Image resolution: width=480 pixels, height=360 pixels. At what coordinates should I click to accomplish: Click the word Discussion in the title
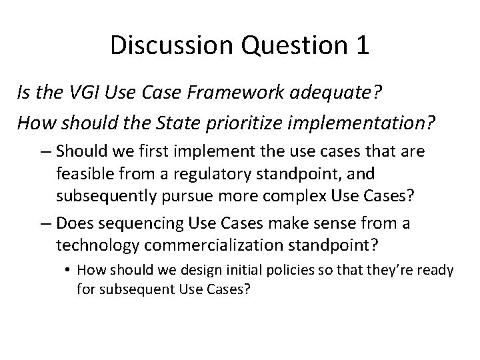[171, 45]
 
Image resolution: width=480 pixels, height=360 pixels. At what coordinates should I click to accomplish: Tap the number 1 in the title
[361, 45]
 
